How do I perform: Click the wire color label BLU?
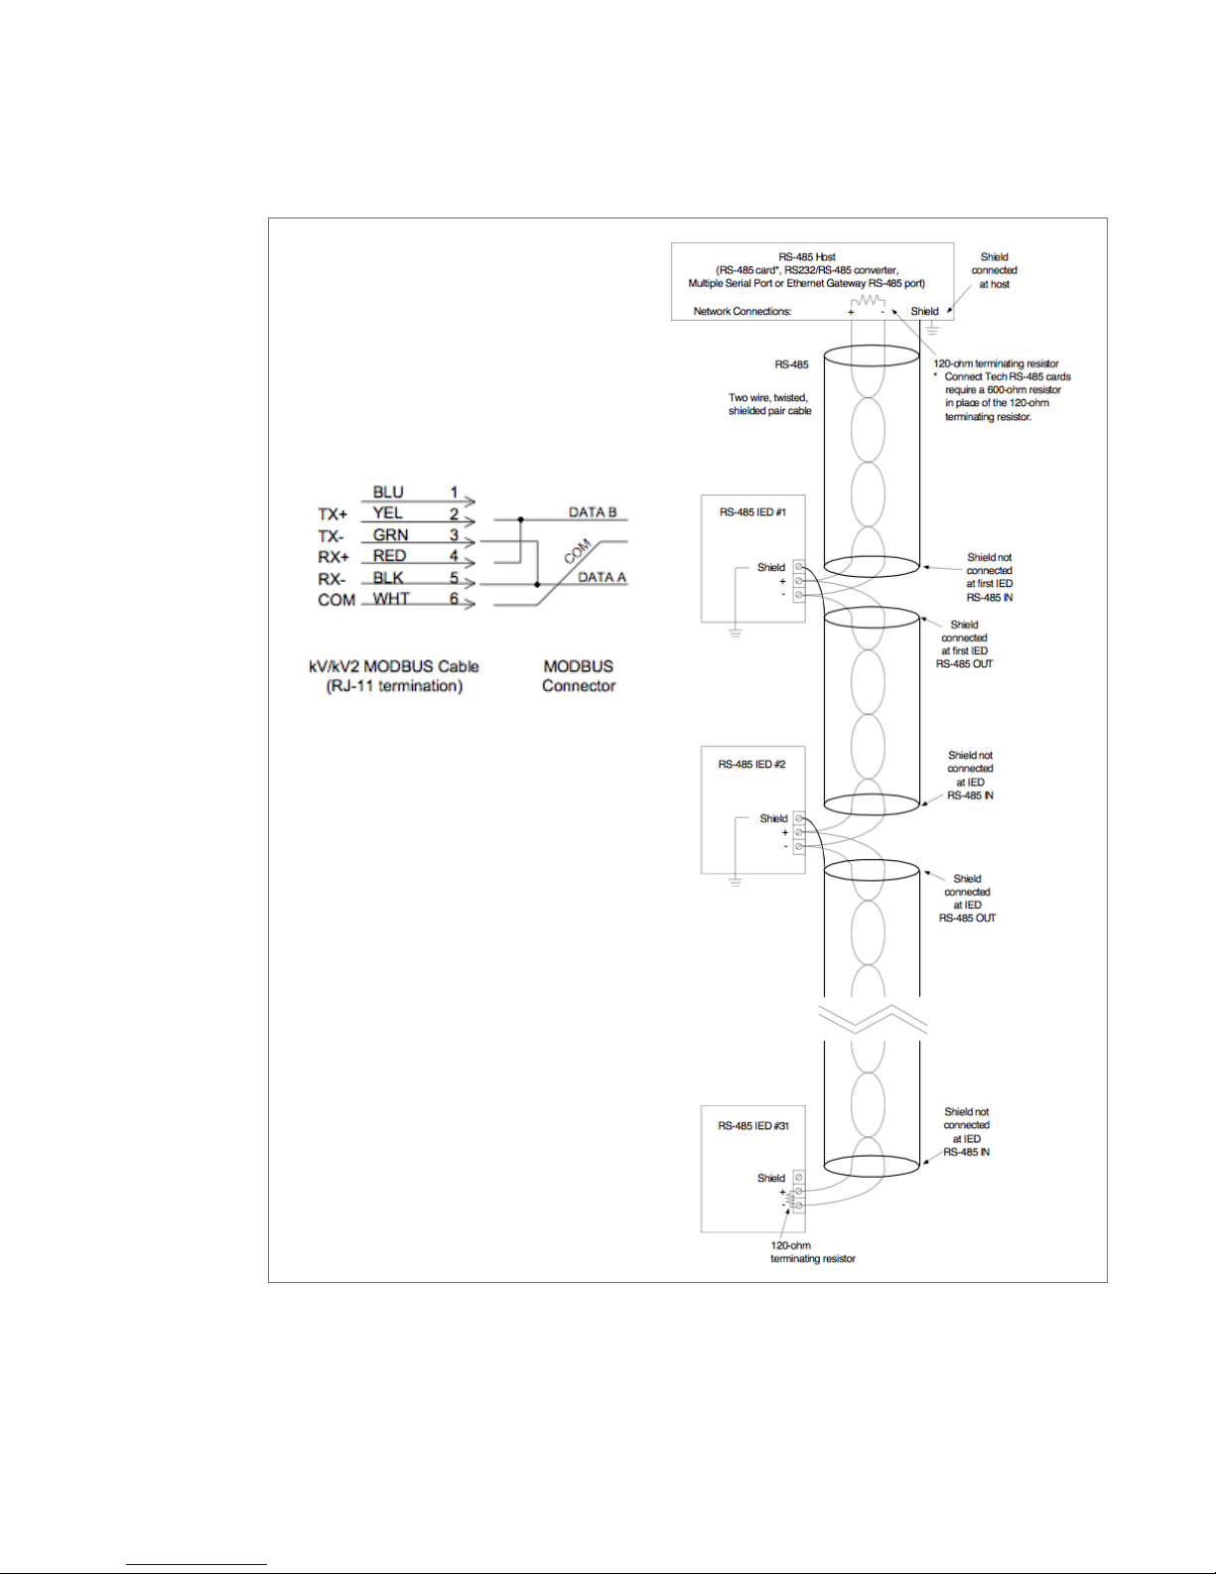[x=388, y=492]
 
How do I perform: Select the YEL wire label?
[x=387, y=512]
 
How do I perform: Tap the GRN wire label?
[x=390, y=534]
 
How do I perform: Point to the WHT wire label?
[x=391, y=598]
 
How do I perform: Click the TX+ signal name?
[x=333, y=514]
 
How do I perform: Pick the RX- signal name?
[x=332, y=579]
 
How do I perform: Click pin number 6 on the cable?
[x=454, y=598]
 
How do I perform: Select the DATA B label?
[x=593, y=512]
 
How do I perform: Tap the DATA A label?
[x=602, y=577]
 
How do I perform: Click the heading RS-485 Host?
[x=807, y=257]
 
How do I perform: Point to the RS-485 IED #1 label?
[x=752, y=512]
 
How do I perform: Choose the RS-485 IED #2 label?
[x=751, y=765]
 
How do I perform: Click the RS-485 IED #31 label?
[x=753, y=1126]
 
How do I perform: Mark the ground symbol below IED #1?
[x=736, y=632]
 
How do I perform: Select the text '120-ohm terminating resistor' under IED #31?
[x=812, y=1252]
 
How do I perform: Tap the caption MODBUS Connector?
[x=579, y=675]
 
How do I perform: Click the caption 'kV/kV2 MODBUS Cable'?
[x=394, y=666]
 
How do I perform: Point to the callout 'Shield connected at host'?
[x=994, y=270]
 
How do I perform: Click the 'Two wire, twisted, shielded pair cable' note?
[x=769, y=404]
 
